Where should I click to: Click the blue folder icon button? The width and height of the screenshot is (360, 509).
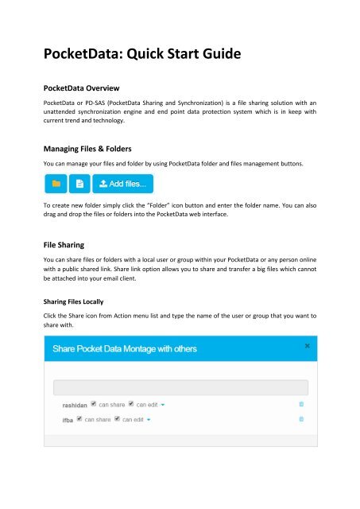coord(56,185)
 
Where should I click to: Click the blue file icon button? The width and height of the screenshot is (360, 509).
coord(79,185)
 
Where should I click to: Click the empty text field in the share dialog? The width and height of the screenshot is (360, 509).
coord(180,387)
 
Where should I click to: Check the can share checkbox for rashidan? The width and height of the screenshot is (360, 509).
coord(95,404)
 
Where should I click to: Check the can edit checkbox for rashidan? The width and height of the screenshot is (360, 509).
coord(131,404)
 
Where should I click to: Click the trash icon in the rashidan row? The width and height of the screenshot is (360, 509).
coord(300,404)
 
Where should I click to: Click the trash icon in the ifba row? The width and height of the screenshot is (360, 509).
coord(300,418)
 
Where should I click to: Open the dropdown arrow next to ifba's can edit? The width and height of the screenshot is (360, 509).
coord(149,418)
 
